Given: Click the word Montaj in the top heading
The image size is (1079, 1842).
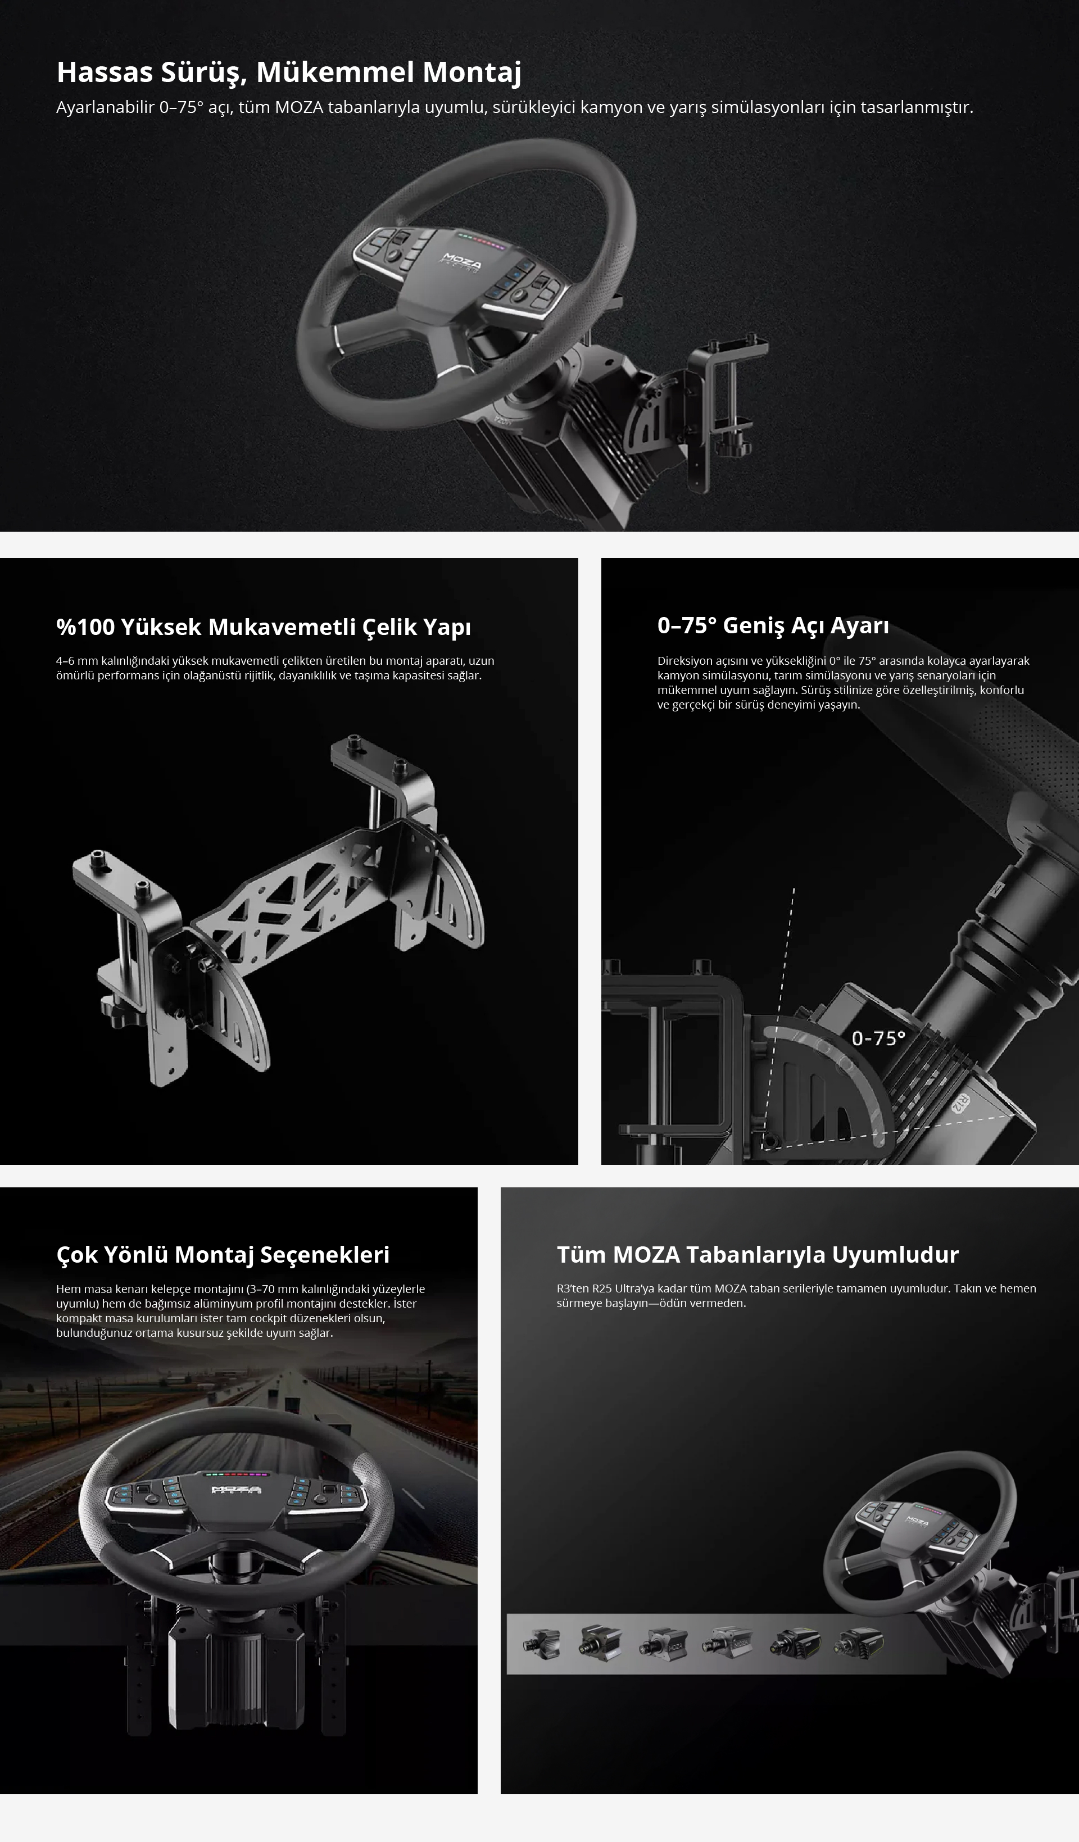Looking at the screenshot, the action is [472, 73].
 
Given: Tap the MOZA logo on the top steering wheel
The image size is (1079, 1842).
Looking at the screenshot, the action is [461, 262].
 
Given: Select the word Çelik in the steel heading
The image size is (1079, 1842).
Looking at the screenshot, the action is [389, 627].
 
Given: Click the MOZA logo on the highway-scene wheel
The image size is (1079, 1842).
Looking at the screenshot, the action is [236, 1490].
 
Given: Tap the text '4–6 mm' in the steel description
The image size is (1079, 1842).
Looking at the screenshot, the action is [77, 661].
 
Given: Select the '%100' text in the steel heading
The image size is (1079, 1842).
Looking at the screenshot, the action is [85, 627].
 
